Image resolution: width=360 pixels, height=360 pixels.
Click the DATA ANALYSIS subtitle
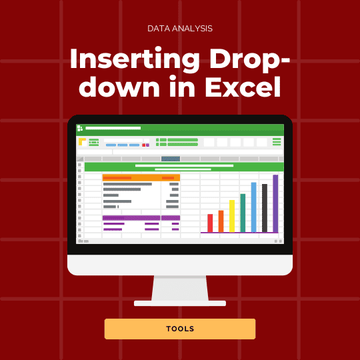point(180,29)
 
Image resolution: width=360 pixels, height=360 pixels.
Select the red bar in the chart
point(210,223)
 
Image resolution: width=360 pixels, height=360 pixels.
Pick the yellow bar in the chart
point(232,215)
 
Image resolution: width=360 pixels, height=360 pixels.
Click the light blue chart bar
point(253,207)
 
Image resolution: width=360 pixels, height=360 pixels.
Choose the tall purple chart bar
point(275,203)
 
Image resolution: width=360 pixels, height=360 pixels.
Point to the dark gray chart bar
point(265,208)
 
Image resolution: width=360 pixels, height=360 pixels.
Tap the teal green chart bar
point(243,213)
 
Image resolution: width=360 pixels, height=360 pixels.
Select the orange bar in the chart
point(221,221)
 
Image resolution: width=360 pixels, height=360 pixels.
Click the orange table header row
point(141,178)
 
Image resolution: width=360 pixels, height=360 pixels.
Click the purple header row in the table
point(141,217)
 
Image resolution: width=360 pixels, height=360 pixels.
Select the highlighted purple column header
point(171,159)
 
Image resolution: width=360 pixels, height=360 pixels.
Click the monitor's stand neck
point(180,288)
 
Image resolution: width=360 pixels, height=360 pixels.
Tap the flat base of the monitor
point(180,303)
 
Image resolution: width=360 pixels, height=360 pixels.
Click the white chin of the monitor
point(180,265)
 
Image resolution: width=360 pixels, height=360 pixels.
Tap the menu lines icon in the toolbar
point(277,141)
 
